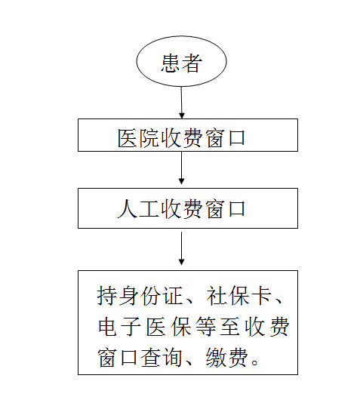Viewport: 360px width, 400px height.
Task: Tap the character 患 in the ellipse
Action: tap(170, 63)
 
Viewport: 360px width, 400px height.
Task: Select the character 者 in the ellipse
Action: tap(192, 63)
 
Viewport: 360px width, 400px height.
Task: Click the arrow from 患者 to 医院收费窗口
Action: tap(182, 103)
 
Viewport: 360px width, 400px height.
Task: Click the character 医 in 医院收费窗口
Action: tap(127, 138)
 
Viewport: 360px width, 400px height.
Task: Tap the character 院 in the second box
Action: tap(149, 138)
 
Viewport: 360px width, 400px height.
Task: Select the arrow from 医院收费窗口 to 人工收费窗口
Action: tap(181, 168)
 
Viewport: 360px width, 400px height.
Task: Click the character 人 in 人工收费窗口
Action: tap(127, 209)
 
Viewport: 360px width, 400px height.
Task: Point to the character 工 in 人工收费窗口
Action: tap(149, 209)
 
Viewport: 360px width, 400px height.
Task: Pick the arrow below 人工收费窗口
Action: tap(181, 248)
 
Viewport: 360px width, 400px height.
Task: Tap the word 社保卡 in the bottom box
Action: tap(238, 296)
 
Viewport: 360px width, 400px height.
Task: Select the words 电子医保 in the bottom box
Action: tap(145, 327)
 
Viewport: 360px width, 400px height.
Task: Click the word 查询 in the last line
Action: tap(162, 358)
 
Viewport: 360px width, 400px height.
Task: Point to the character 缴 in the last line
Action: tap(217, 358)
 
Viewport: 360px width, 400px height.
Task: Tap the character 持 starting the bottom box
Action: tap(106, 296)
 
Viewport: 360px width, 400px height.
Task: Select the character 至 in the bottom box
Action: tap(229, 327)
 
